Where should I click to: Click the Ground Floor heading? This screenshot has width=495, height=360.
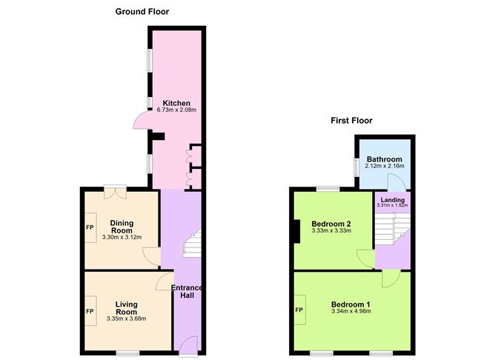point(142,12)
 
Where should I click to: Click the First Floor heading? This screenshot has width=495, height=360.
point(351,121)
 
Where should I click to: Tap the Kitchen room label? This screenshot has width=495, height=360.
point(176,103)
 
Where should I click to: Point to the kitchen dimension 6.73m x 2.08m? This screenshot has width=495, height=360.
point(176,110)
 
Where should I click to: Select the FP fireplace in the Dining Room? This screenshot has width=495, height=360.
point(90,227)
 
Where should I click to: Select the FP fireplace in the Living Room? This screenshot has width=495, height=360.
point(90,311)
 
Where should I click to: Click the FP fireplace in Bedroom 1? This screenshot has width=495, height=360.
point(299,310)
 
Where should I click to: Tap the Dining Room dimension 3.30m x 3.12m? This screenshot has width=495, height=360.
point(122,237)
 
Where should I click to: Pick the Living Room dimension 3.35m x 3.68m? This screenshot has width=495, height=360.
point(126,319)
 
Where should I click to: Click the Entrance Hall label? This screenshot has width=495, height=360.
point(187,292)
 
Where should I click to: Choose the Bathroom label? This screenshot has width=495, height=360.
point(385,159)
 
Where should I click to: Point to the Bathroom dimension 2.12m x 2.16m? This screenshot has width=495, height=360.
point(385,166)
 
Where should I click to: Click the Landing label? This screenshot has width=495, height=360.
point(393,200)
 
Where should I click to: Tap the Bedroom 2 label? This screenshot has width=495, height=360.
point(331,224)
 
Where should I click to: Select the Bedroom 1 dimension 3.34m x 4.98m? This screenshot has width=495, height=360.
point(351,311)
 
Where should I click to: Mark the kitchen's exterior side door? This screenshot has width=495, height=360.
point(142,119)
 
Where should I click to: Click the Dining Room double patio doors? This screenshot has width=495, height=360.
point(116,192)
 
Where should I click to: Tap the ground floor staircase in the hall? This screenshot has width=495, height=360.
point(193,243)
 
